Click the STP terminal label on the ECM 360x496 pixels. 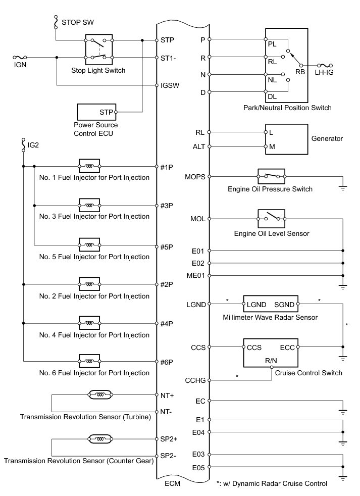[167, 40]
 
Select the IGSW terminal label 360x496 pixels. [170, 85]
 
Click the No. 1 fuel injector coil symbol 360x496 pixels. [89, 166]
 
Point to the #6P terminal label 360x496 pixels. [167, 362]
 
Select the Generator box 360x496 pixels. [286, 139]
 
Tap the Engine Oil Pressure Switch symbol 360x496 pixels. [271, 177]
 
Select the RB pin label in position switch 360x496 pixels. [300, 72]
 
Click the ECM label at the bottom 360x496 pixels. [173, 483]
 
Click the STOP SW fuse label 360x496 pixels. [77, 23]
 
